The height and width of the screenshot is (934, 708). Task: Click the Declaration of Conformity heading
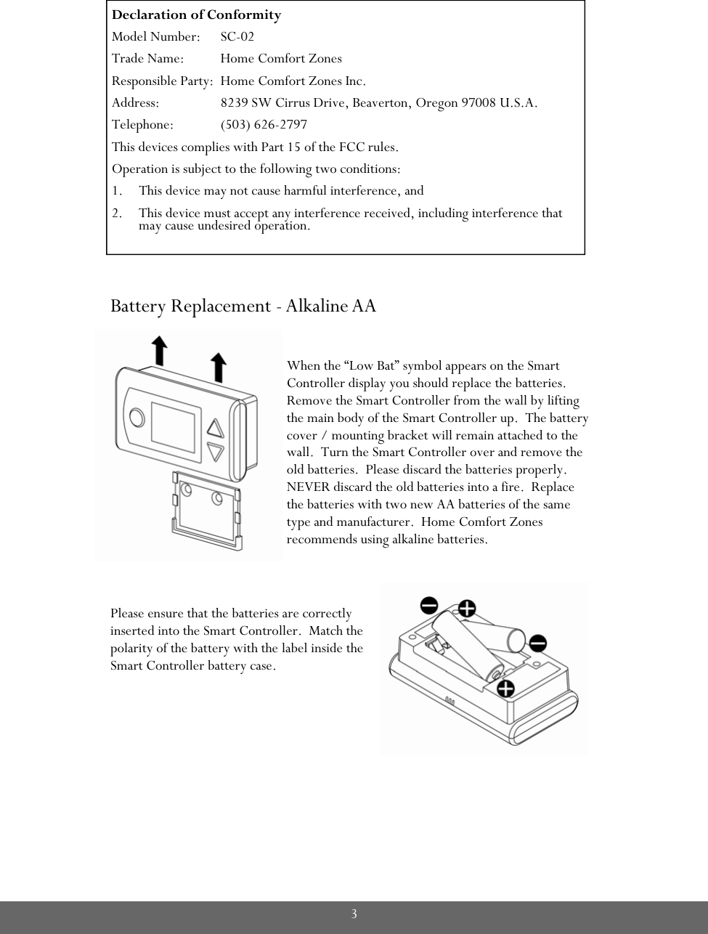(x=196, y=15)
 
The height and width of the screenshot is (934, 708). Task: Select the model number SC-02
(x=237, y=36)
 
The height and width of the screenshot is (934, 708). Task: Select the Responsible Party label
(x=163, y=81)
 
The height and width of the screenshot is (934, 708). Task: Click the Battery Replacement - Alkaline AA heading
(x=243, y=306)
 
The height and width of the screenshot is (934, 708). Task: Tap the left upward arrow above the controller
(x=158, y=352)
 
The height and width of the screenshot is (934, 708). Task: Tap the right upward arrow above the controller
(x=219, y=367)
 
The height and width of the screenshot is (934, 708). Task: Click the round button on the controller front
(x=136, y=418)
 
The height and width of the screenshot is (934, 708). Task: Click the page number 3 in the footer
(x=354, y=914)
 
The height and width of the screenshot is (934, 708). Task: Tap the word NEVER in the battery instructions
(x=307, y=487)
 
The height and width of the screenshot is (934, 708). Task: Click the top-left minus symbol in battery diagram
(x=428, y=604)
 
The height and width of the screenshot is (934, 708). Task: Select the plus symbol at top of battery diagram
(x=466, y=607)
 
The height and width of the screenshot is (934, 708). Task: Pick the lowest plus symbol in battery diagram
(x=505, y=687)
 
